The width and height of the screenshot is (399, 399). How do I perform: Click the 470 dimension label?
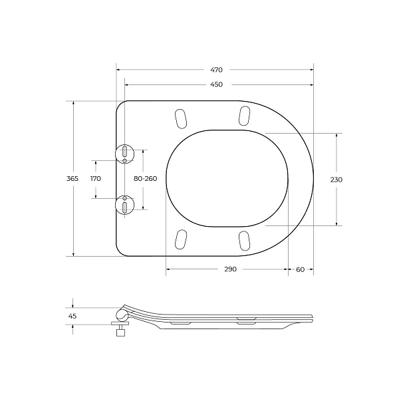[217, 69]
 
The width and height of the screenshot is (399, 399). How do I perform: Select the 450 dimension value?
[217, 84]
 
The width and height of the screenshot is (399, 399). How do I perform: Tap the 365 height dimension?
[72, 179]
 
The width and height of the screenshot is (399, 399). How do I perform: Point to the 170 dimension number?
[95, 179]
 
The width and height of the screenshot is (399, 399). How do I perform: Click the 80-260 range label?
[145, 179]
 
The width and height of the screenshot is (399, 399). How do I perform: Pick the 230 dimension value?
[336, 180]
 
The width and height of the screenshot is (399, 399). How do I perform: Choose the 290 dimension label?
[229, 269]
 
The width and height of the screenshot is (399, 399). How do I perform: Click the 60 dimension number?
[300, 269]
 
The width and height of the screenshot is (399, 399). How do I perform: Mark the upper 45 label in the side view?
[72, 316]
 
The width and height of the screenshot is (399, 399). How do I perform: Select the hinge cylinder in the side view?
[122, 314]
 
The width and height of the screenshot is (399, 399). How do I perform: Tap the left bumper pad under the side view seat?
[180, 323]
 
